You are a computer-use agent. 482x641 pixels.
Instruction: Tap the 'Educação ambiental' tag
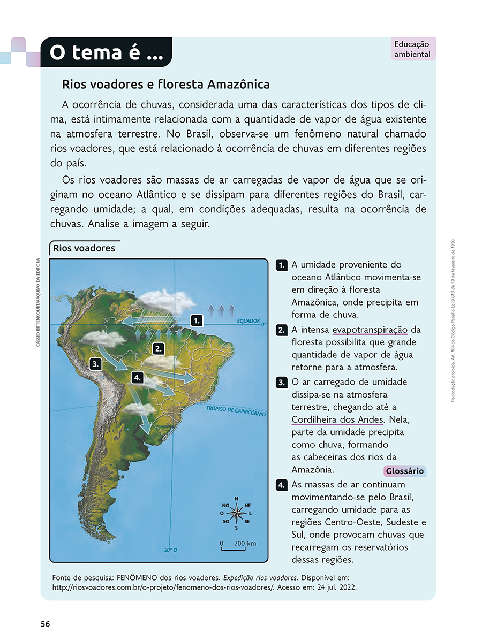tap(412, 49)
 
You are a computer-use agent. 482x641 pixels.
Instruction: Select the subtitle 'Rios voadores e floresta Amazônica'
tap(165, 85)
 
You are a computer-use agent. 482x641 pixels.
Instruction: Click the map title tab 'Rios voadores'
tap(84, 248)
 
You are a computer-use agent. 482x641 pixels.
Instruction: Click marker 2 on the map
tap(157, 349)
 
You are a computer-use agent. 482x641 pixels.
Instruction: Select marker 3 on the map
tap(96, 364)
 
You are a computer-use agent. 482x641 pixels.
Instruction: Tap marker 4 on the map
tap(138, 378)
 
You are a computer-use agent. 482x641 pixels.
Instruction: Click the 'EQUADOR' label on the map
tap(248, 322)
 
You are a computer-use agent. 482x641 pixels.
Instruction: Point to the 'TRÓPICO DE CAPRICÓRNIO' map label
tap(236, 410)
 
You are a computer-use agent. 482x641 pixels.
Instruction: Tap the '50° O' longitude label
tap(170, 550)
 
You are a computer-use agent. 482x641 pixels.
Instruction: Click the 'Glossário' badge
tap(404, 471)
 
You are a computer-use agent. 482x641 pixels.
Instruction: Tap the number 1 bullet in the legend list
tap(281, 265)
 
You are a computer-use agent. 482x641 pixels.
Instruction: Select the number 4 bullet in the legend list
tap(281, 485)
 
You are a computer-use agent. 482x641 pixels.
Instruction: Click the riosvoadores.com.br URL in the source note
tap(163, 587)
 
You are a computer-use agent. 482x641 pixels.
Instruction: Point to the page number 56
tap(45, 624)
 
